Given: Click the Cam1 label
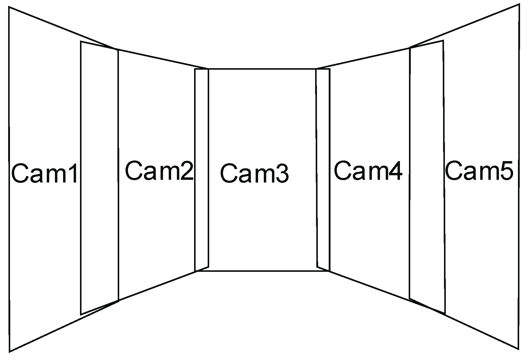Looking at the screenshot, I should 44,174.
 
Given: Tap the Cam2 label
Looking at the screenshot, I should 159,171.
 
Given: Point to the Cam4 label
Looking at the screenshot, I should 368,171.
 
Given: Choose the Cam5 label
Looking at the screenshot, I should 479,171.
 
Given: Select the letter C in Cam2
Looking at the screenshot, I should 134,171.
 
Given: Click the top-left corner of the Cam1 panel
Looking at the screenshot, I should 9,8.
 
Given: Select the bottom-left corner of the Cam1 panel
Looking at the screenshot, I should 10,351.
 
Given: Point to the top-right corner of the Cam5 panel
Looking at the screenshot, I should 519,4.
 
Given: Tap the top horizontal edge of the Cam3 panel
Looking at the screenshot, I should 262,69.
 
